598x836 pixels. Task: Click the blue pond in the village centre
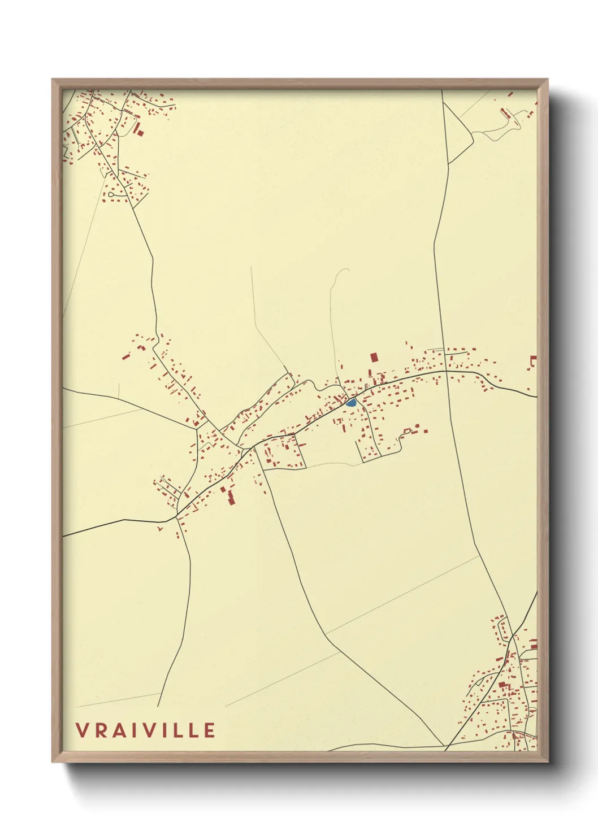click(x=351, y=403)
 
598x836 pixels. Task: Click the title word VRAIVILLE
click(x=146, y=730)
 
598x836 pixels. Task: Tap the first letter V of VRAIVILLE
click(x=82, y=730)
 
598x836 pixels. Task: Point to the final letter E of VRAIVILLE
click(x=210, y=730)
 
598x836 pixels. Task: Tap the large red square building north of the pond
click(x=373, y=357)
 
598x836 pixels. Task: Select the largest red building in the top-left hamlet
click(x=139, y=130)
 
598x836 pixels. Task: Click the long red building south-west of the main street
click(x=231, y=498)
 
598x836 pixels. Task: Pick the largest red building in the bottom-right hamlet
click(x=501, y=685)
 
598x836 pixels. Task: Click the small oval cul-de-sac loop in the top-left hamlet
click(x=113, y=195)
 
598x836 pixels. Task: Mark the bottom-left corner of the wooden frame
click(x=53, y=761)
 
